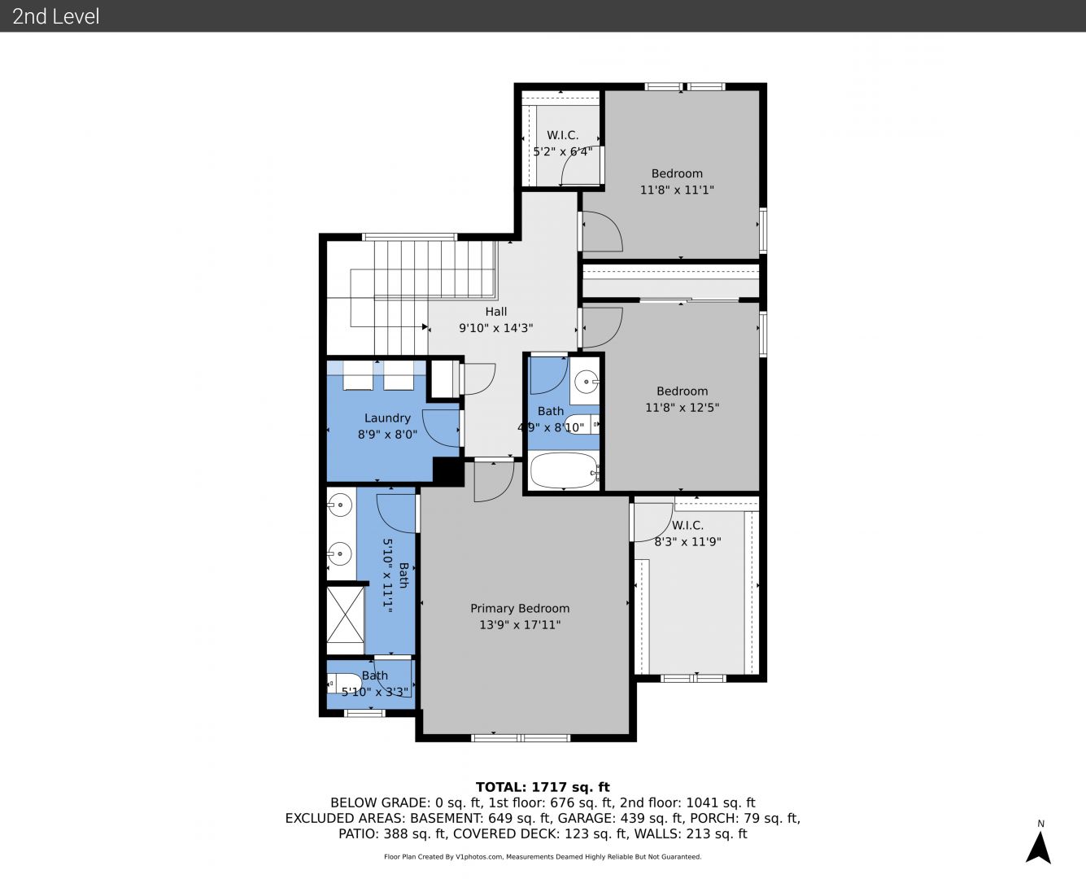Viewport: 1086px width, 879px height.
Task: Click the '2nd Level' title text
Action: (55, 16)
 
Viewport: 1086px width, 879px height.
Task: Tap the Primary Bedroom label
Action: (520, 609)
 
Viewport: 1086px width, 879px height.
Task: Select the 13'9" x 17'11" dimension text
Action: (520, 625)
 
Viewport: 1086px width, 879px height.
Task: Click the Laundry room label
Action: (387, 418)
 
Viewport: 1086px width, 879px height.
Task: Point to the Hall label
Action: (496, 312)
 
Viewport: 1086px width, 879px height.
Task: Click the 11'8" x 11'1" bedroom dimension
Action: (677, 190)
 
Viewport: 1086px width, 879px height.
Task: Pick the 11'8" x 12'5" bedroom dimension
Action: (683, 408)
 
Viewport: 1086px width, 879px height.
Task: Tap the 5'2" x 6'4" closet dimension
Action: (563, 151)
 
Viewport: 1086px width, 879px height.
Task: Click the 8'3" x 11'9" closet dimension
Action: (688, 542)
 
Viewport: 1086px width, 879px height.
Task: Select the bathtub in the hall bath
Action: (564, 470)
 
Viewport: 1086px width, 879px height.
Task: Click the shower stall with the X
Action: (345, 614)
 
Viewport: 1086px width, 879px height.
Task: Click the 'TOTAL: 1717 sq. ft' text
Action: (543, 787)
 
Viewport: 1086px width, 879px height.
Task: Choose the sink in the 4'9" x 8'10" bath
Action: (586, 382)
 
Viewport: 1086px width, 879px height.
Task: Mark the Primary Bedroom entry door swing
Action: (494, 482)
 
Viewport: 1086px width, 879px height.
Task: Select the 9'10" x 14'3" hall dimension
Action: (496, 328)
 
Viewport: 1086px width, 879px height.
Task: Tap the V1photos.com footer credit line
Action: (543, 856)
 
